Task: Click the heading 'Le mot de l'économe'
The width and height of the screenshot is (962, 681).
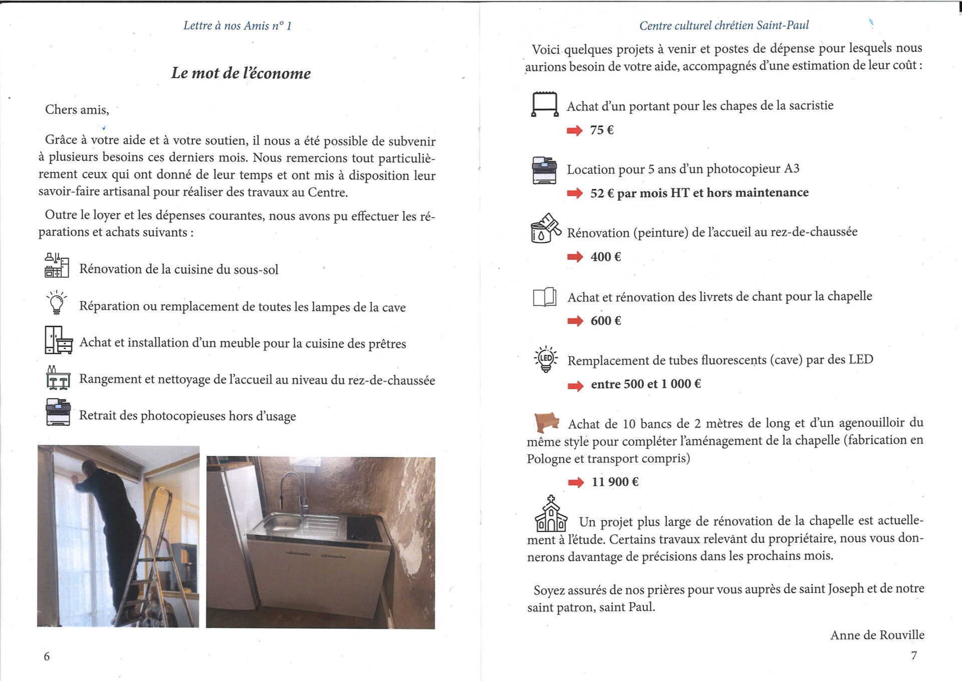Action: click(x=241, y=73)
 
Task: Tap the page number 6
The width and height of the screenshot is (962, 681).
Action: click(x=47, y=656)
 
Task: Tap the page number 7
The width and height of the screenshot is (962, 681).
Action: click(x=913, y=655)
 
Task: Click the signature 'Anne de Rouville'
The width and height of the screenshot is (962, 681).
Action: click(x=877, y=635)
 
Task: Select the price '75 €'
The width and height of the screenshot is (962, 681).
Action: click(x=602, y=130)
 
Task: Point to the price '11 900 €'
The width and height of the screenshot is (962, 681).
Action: click(x=615, y=481)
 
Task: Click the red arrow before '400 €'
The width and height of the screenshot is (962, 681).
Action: click(x=575, y=257)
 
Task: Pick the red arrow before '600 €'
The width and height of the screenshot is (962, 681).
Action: click(x=575, y=321)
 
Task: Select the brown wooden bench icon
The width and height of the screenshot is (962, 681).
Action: click(x=546, y=422)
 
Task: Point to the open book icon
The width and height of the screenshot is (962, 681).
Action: click(x=544, y=296)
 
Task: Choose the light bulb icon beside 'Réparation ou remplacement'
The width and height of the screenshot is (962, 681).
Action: click(x=57, y=302)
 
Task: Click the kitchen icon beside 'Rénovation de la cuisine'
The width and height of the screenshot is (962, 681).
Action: click(x=57, y=265)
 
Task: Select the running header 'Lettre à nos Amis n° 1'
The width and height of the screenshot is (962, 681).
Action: click(x=237, y=26)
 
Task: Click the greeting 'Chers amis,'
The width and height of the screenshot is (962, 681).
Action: click(x=77, y=109)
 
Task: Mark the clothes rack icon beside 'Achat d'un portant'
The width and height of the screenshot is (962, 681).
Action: click(x=545, y=104)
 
